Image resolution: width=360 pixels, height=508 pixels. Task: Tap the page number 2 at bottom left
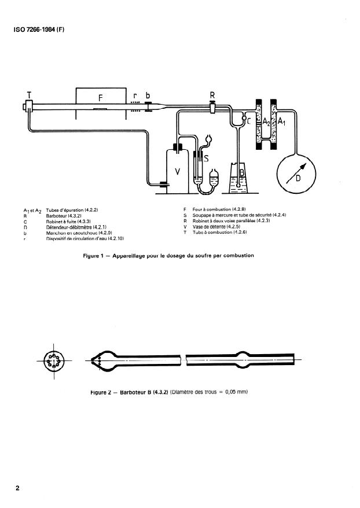click(18, 488)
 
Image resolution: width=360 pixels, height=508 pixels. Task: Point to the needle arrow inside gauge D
click(299, 172)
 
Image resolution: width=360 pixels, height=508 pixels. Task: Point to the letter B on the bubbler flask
click(242, 172)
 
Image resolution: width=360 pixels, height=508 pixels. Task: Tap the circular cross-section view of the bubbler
click(54, 360)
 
